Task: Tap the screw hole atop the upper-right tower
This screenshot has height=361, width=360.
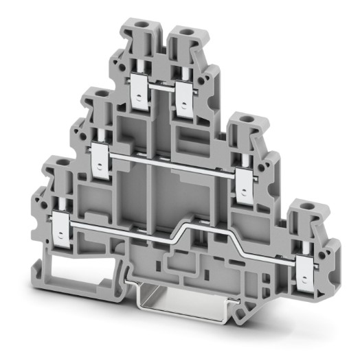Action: click(184, 31)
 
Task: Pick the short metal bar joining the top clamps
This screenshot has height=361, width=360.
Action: click(162, 87)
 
